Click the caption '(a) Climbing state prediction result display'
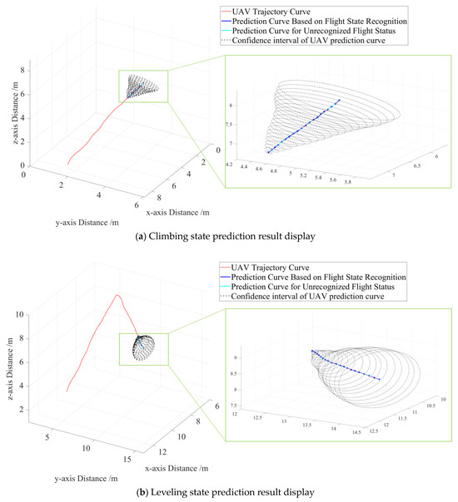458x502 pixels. click(229, 237)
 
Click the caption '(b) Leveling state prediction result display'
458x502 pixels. click(229, 491)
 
